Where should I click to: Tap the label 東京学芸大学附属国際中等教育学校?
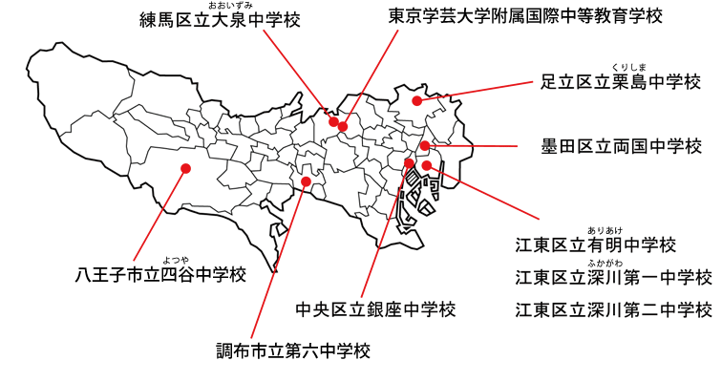525,16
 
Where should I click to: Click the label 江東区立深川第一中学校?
613,277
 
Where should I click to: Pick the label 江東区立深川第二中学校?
613,309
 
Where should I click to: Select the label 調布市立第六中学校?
293,350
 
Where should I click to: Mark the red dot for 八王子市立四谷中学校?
185,168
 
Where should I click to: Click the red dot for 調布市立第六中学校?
306,180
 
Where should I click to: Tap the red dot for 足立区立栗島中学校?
417,99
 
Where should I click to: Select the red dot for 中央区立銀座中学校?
410,163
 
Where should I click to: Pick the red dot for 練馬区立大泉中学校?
333,121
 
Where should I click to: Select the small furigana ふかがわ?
605,262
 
